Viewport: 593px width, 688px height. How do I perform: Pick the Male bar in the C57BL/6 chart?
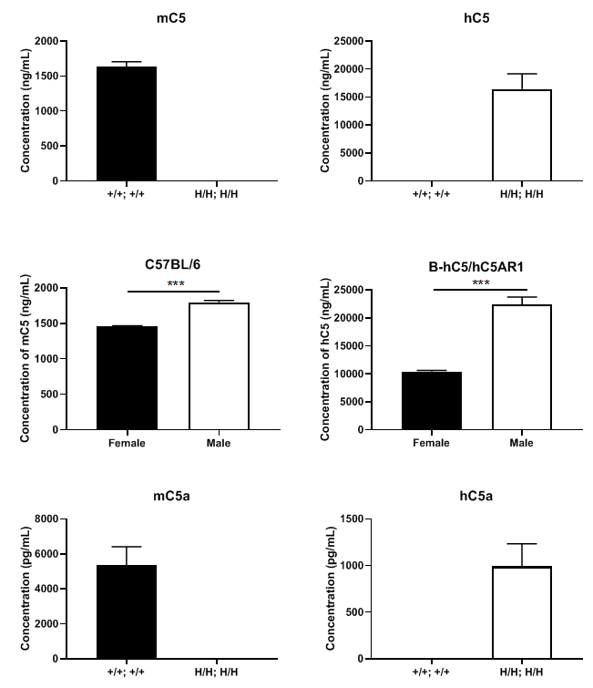[219, 365]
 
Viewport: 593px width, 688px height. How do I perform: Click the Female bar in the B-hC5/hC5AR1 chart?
[431, 400]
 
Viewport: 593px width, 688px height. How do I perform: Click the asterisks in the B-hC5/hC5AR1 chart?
[476, 283]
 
